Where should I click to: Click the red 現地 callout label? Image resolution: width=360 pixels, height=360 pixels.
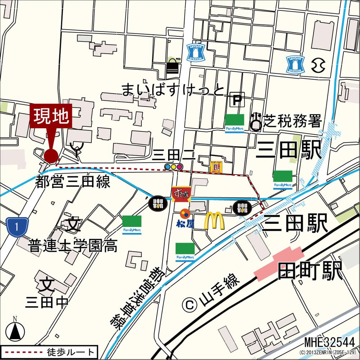[51, 116]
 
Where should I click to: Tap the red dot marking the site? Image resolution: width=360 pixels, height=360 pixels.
[51, 156]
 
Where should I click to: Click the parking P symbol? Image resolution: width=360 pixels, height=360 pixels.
[237, 100]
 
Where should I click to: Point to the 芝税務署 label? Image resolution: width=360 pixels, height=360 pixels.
[292, 121]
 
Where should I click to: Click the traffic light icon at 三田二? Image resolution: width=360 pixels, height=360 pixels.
[174, 166]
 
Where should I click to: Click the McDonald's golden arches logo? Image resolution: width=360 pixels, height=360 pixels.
[214, 220]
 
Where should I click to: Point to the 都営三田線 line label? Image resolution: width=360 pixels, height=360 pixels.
[72, 182]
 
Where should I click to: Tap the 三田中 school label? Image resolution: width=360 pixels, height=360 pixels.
[47, 302]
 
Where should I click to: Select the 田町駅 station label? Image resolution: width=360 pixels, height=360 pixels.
[310, 271]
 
